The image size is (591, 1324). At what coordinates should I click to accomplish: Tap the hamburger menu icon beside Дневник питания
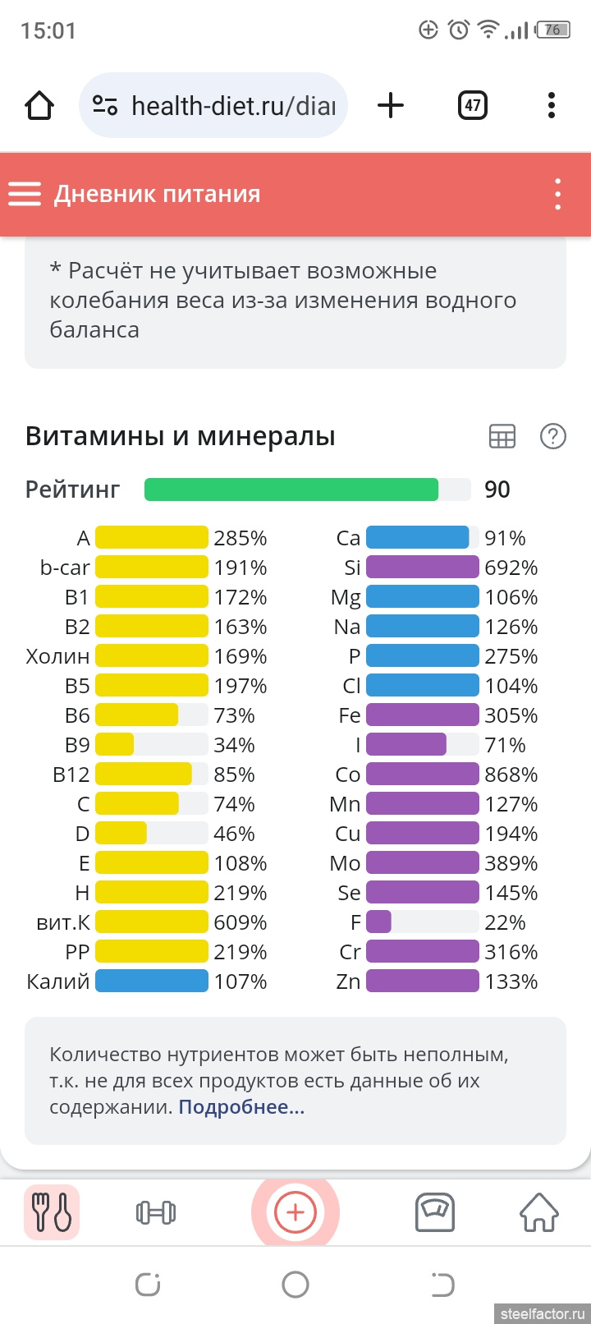pyautogui.click(x=25, y=194)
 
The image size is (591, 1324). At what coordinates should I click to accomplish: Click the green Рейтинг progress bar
pyautogui.click(x=291, y=490)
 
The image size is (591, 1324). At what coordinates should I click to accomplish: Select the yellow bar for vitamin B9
pyautogui.click(x=115, y=745)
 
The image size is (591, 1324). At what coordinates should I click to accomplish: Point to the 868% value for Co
pyautogui.click(x=511, y=775)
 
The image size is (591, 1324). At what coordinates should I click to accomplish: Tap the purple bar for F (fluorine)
pyautogui.click(x=379, y=922)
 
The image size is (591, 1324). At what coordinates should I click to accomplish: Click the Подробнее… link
pyautogui.click(x=241, y=1107)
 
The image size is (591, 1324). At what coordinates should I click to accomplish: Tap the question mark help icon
pyautogui.click(x=552, y=437)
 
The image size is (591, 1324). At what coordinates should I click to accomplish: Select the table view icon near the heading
pyautogui.click(x=502, y=437)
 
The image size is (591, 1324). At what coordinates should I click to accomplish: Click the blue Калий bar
pyautogui.click(x=152, y=982)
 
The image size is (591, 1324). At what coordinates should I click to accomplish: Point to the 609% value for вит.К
pyautogui.click(x=240, y=922)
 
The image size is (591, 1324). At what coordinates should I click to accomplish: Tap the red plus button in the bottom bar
pyautogui.click(x=295, y=1212)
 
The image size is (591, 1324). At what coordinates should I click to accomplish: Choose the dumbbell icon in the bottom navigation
pyautogui.click(x=155, y=1212)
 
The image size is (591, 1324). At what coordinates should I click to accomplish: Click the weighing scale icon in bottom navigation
pyautogui.click(x=435, y=1212)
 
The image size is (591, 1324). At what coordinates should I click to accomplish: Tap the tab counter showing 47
pyautogui.click(x=473, y=105)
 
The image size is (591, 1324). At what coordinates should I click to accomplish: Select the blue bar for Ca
pyautogui.click(x=418, y=538)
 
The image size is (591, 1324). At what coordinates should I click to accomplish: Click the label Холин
pyautogui.click(x=57, y=656)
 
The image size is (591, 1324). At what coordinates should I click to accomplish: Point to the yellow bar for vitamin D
pyautogui.click(x=121, y=834)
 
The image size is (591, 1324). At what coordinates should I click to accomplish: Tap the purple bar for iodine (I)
pyautogui.click(x=406, y=745)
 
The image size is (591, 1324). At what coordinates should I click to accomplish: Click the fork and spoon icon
pyautogui.click(x=52, y=1212)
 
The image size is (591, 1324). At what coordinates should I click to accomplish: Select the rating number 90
pyautogui.click(x=497, y=490)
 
